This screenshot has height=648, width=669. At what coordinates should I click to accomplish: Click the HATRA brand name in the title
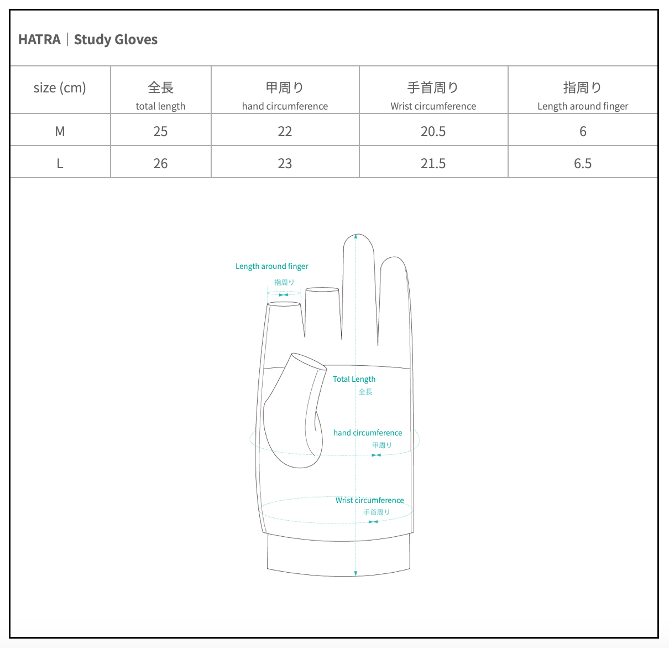coord(39,40)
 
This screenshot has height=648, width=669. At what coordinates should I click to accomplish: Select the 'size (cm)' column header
coord(60,88)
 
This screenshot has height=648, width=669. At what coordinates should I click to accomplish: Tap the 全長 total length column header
coord(160,95)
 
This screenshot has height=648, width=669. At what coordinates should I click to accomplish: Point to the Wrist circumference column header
coord(433,95)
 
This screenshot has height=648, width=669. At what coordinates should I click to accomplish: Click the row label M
coord(60,131)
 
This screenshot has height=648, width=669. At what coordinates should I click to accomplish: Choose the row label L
coord(60,163)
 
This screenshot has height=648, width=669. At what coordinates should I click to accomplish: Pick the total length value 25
coord(160,131)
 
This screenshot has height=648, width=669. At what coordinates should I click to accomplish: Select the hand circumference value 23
coord(285,163)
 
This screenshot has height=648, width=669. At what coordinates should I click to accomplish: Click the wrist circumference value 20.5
coord(433,131)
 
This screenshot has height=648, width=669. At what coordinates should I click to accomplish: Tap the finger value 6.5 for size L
coord(583,163)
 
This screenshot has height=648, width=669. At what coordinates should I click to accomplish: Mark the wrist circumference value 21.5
coord(433,163)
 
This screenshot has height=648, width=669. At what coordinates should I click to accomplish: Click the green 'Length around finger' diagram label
coord(271,266)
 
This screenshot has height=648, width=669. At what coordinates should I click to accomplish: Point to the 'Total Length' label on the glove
coord(354,379)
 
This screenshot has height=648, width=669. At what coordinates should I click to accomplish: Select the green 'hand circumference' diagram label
coord(368,433)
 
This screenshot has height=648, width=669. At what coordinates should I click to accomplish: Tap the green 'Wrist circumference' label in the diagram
coord(369,500)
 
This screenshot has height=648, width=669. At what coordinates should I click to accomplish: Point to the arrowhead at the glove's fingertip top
coord(356,236)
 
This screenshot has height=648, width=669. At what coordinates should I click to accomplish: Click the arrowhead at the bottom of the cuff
coord(356,573)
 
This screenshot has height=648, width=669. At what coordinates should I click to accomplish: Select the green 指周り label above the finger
coord(284,282)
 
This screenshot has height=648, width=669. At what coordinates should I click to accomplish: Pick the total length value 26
coord(160,163)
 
